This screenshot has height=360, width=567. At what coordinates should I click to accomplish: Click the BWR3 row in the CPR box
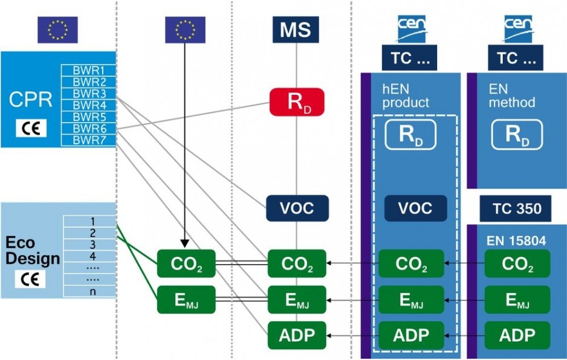pyautogui.click(x=89, y=94)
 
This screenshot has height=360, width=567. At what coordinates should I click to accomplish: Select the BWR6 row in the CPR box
pyautogui.click(x=89, y=128)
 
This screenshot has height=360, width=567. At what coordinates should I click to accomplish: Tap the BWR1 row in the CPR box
pyautogui.click(x=89, y=70)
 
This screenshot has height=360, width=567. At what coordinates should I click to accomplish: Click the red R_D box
pyautogui.click(x=297, y=102)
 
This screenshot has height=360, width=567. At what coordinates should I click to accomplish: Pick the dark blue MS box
pyautogui.click(x=296, y=30)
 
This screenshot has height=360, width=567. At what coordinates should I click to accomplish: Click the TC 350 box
pyautogui.click(x=516, y=208)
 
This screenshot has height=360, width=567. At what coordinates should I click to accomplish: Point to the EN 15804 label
pyautogui.click(x=516, y=241)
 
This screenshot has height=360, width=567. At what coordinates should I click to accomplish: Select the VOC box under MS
pyautogui.click(x=297, y=208)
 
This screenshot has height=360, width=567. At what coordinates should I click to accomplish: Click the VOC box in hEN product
pyautogui.click(x=415, y=208)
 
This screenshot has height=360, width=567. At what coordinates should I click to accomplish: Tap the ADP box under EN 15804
pyautogui.click(x=517, y=335)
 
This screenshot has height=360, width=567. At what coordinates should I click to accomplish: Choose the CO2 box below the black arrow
pyautogui.click(x=186, y=263)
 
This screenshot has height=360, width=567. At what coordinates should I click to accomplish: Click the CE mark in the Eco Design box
pyautogui.click(x=30, y=279)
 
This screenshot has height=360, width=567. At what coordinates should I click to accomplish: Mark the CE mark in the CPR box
pyautogui.click(x=31, y=128)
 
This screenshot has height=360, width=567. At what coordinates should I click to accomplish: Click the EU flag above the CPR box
pyautogui.click(x=58, y=30)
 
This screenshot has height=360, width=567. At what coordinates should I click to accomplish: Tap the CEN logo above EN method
pyautogui.click(x=518, y=28)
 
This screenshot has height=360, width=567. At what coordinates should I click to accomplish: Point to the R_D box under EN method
pyautogui.click(x=517, y=135)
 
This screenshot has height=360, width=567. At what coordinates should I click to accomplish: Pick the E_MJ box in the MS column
pyautogui.click(x=297, y=300)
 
